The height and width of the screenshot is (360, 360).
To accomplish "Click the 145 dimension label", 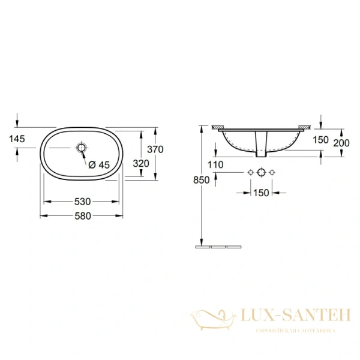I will coord(17,139).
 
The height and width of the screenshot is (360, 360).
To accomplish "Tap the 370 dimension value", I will coord(155,149).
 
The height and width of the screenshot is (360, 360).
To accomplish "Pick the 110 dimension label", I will coord(215,164).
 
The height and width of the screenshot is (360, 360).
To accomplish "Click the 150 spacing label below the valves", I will coord(261,193).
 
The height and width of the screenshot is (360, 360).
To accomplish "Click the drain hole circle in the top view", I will coord(82,147).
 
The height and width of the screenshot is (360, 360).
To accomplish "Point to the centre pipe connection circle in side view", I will coord(261,173).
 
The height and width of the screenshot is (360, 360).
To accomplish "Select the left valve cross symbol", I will coord(250,173).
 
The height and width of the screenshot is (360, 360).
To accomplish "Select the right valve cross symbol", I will coord(272,173).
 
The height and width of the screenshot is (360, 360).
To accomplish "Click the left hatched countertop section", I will coord(217,127).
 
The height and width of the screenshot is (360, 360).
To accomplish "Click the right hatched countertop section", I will coord(305,127).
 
